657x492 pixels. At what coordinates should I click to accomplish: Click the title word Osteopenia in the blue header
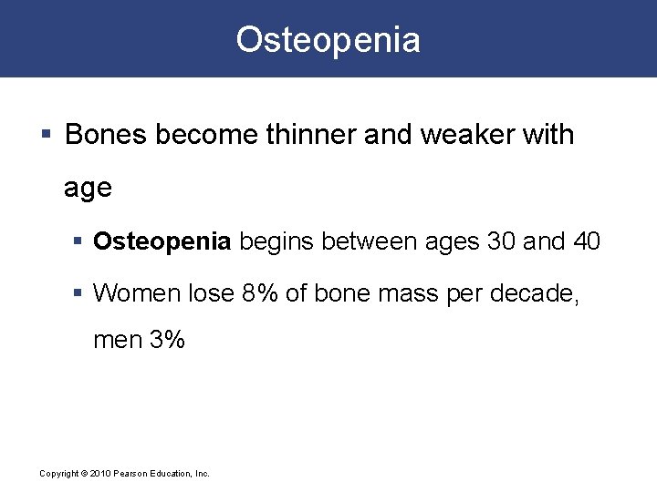pos(328,40)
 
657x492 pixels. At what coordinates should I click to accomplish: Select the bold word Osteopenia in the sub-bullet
pos(162,241)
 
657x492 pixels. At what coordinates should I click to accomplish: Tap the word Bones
pos(107,135)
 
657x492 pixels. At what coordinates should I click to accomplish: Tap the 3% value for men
pos(167,341)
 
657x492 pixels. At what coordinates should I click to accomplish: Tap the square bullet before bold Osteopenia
pos(79,242)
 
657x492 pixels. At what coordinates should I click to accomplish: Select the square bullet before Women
pos(79,294)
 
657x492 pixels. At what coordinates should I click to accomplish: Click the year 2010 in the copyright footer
pos(99,474)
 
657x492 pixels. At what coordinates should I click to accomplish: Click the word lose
pos(210,293)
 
